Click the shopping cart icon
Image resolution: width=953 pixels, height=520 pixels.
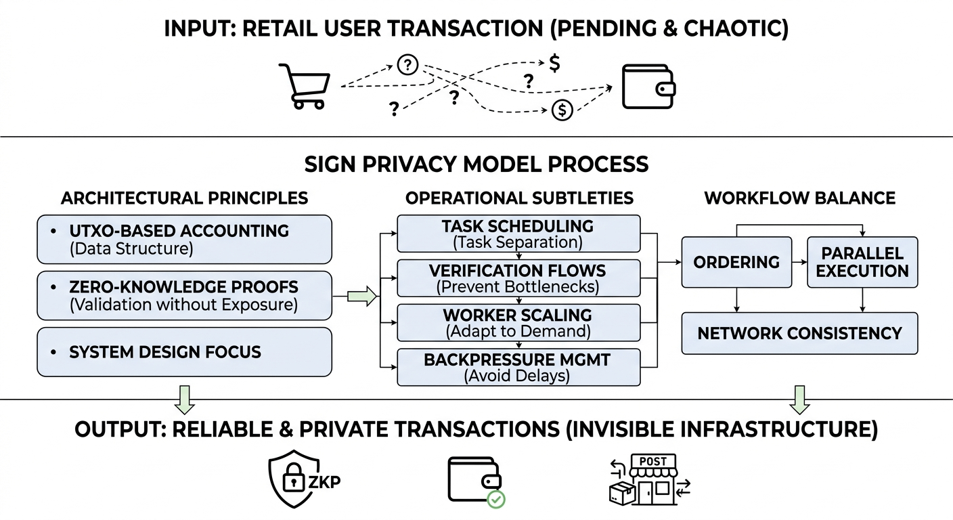tap(305, 85)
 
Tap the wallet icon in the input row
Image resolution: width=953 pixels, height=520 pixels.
tap(648, 87)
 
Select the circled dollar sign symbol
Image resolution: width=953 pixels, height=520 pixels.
tap(562, 109)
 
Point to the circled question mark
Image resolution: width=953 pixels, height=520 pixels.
tap(407, 65)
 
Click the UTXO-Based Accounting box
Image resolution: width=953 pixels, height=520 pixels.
tap(184, 239)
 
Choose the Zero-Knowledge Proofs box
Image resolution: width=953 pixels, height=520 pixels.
tap(184, 295)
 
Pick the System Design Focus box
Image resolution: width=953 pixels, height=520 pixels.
tap(184, 351)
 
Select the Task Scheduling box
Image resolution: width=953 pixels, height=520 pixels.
tap(518, 234)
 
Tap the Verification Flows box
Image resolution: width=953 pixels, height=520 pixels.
tap(518, 278)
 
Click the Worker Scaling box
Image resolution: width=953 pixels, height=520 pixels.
tap(518, 323)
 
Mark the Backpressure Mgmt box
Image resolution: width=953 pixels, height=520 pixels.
tap(518, 367)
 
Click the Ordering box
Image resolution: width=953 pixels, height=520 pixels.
tap(736, 262)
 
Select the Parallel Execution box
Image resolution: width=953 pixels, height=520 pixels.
tap(862, 262)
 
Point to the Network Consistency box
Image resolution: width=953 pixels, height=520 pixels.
tap(799, 333)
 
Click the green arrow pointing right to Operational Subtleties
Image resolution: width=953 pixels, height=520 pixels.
tap(361, 296)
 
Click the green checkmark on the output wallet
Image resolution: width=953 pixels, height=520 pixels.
tap(496, 500)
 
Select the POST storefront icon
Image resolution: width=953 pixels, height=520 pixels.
tap(648, 479)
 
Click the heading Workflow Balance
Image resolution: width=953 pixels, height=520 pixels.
tap(799, 198)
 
